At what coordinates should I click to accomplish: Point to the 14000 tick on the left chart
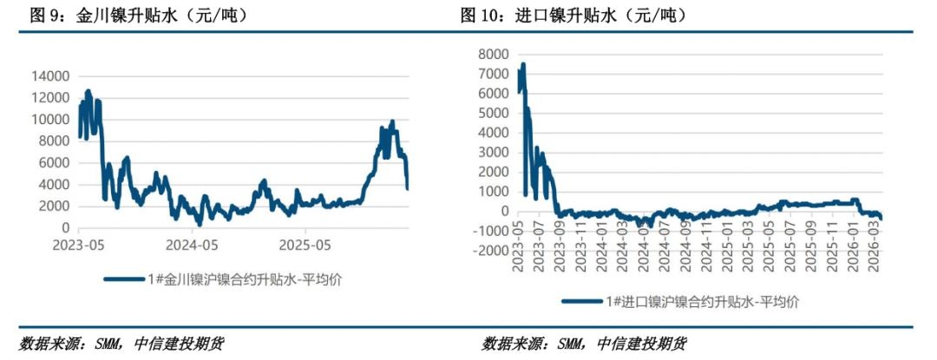(x=49, y=76)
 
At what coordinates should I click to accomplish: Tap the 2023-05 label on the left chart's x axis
(x=78, y=245)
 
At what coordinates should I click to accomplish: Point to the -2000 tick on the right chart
(x=490, y=251)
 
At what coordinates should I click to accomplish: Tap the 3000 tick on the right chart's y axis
(x=496, y=153)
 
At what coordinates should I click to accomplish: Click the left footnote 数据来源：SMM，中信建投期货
(x=121, y=344)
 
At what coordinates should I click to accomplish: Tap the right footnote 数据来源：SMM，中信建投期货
(x=585, y=344)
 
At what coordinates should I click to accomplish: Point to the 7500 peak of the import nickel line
(x=522, y=65)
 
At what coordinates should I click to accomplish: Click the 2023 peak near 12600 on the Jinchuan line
(x=88, y=91)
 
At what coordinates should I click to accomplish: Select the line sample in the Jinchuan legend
(x=125, y=278)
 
